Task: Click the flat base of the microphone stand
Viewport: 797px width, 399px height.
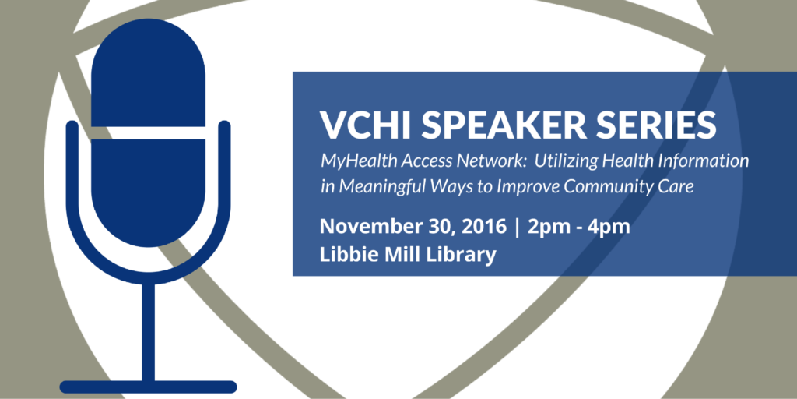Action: pos(149,387)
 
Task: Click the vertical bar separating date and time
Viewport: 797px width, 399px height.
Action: pos(518,228)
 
